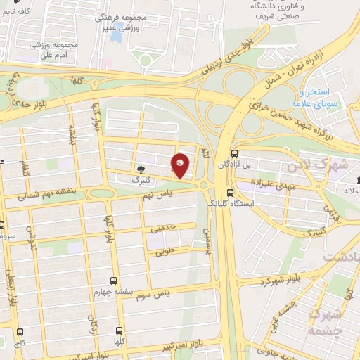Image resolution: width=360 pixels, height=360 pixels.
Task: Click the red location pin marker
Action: click(x=181, y=166)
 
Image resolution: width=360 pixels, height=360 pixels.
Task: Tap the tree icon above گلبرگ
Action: click(x=140, y=169)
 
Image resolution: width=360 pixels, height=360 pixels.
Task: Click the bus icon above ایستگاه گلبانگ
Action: click(x=230, y=193)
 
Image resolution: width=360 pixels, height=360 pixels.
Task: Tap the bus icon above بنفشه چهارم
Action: click(x=114, y=281)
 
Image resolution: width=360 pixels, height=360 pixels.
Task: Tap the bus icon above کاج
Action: click(x=20, y=331)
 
